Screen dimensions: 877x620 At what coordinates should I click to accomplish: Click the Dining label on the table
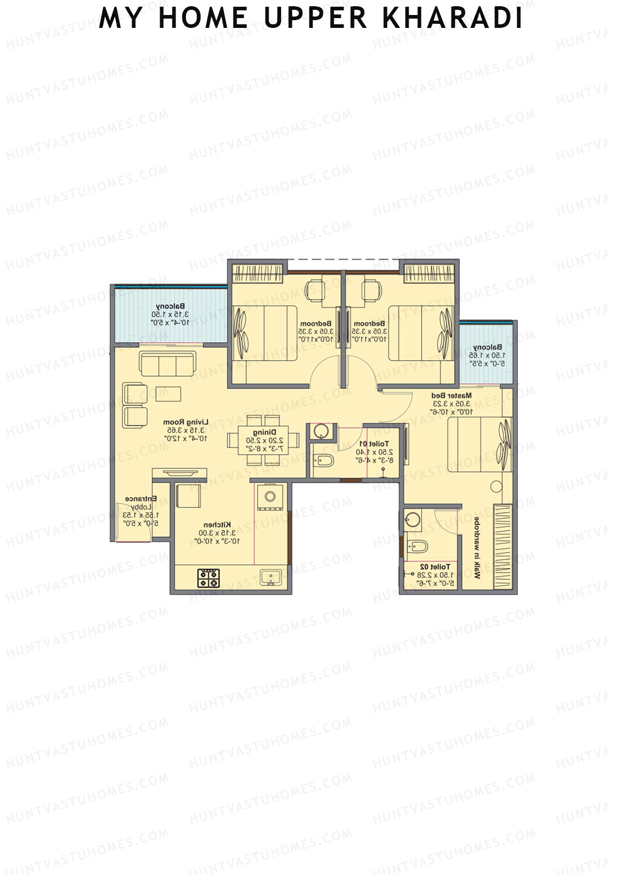[x=264, y=432]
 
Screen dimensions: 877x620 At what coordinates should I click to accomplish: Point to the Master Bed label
[x=451, y=395]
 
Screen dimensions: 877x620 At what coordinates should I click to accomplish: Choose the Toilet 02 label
[x=435, y=567]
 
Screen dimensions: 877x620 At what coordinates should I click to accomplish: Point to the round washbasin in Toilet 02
[x=412, y=519]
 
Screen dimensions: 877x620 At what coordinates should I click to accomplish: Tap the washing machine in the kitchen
[x=270, y=497]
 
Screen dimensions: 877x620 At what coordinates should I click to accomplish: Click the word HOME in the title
[x=203, y=18]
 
